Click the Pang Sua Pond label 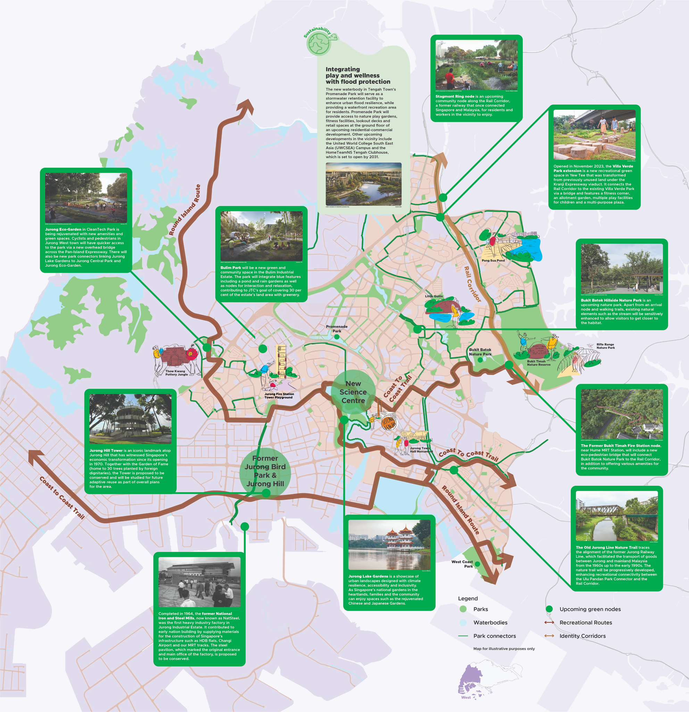pyautogui.click(x=493, y=260)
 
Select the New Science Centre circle pyautogui.click(x=353, y=392)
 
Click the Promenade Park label pyautogui.click(x=337, y=329)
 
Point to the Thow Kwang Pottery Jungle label pyautogui.click(x=176, y=373)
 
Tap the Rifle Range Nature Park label pyautogui.click(x=606, y=346)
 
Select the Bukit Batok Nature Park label pyautogui.click(x=480, y=351)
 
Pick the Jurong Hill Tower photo pyautogui.click(x=130, y=419)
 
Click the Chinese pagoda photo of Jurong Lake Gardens pyautogui.click(x=389, y=544)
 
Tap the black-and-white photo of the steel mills pyautogui.click(x=199, y=582)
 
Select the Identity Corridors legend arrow pyautogui.click(x=549, y=636)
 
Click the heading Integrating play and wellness pyautogui.click(x=358, y=75)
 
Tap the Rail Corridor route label pyautogui.click(x=473, y=284)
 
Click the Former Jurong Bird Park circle pyautogui.click(x=265, y=471)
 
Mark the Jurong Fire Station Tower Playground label pyautogui.click(x=279, y=396)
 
